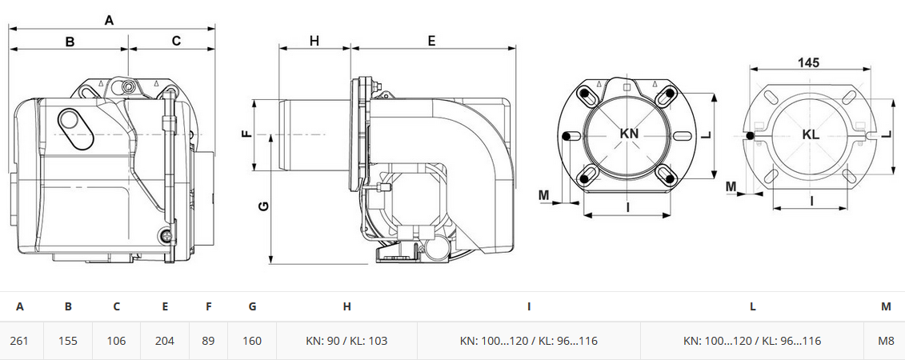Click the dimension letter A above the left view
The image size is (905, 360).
click(x=109, y=20)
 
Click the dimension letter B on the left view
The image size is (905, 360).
click(x=70, y=42)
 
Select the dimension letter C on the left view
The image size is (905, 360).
click(x=177, y=40)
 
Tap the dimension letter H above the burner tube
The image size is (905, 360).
click(x=314, y=40)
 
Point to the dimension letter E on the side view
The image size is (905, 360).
click(x=432, y=40)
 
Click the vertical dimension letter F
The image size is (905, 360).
click(x=247, y=134)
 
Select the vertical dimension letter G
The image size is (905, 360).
click(x=263, y=206)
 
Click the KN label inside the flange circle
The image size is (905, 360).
click(x=629, y=134)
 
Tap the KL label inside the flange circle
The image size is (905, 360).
click(x=811, y=134)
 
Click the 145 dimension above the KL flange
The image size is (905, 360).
click(x=809, y=62)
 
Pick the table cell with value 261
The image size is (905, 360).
click(x=19, y=340)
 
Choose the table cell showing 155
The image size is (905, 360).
click(x=67, y=340)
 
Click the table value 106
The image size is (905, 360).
click(x=116, y=340)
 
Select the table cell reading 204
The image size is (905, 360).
click(x=165, y=340)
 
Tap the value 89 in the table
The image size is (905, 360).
click(x=208, y=340)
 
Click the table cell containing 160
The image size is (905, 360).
click(x=252, y=340)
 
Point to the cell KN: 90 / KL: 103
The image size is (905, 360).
click(x=346, y=340)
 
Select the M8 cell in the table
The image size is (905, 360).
click(x=886, y=340)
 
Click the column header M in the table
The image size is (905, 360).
click(x=886, y=307)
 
